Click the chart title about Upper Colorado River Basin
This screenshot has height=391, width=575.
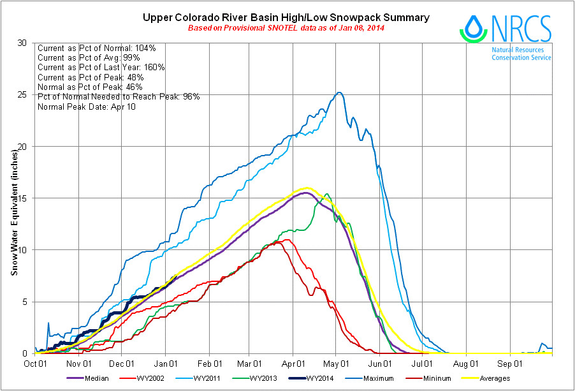tap(286, 17)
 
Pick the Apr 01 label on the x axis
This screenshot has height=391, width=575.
tap(293, 365)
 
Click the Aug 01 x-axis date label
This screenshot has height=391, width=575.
tap(466, 365)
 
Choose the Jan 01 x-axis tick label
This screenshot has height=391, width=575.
tap(166, 365)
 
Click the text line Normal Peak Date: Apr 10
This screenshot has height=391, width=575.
tap(87, 106)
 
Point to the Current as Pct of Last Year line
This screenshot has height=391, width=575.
tap(102, 67)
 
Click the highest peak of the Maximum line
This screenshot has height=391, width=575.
tap(340, 92)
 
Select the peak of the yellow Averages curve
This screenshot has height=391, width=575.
tap(308, 188)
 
